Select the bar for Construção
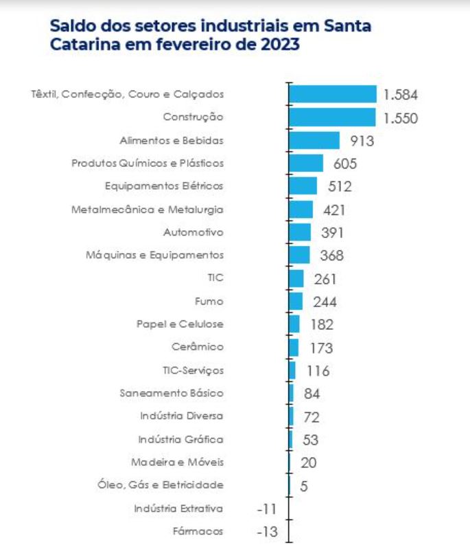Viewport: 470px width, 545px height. pos(332,118)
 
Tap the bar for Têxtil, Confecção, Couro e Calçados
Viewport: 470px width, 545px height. pos(333,94)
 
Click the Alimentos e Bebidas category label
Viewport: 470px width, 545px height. pos(172,140)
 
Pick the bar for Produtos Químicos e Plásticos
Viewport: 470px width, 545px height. pos(306,164)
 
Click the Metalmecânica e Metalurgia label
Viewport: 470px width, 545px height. pos(148,209)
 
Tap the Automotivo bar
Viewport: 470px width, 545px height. pos(300,232)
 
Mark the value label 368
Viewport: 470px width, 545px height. pos(331,256)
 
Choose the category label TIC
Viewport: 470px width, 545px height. pos(215,278)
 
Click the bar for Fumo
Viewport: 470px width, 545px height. pos(296,302)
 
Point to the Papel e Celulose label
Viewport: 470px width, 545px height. pos(180,324)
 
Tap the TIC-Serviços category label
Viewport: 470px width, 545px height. pos(193,370)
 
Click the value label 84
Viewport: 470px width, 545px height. pos(312,394)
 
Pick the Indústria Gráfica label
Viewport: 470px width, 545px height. pos(180,439)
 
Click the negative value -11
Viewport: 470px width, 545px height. pos(266,509)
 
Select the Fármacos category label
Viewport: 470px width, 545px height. pos(198,531)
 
